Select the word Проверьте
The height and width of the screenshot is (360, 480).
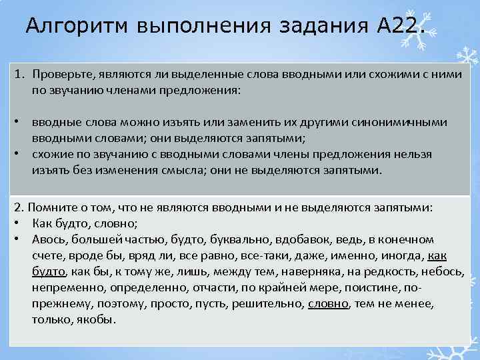pos(61,75)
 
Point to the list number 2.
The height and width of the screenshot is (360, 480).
pos(18,208)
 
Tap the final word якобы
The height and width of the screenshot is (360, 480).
pos(97,319)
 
